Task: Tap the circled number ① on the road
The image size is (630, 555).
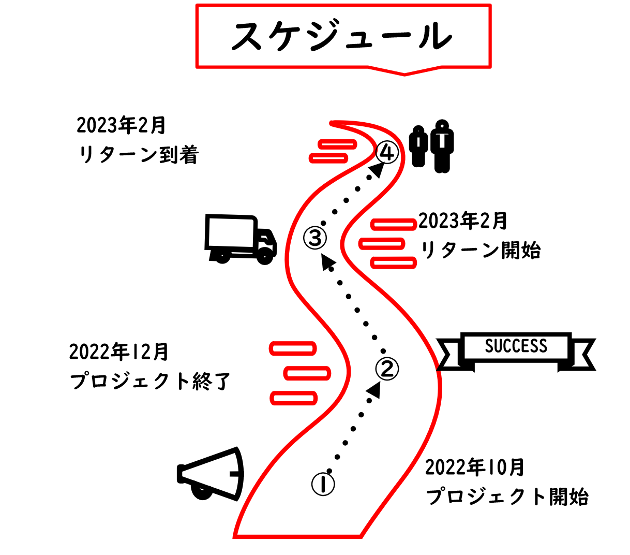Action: click(323, 484)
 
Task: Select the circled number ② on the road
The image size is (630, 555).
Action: click(387, 369)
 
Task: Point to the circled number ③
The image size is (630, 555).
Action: click(316, 238)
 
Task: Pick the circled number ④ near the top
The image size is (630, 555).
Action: click(387, 153)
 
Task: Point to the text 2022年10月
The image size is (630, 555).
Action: click(475, 468)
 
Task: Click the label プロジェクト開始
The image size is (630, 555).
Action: click(507, 497)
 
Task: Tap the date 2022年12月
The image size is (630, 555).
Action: click(119, 352)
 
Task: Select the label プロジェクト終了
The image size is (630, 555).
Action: click(150, 382)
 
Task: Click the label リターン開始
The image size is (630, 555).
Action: click(481, 251)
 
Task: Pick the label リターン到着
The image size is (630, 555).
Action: click(139, 155)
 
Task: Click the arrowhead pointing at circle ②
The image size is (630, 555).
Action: click(374, 390)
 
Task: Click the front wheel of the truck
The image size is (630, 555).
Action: click(265, 255)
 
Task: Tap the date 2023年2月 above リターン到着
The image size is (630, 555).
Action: click(121, 125)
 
